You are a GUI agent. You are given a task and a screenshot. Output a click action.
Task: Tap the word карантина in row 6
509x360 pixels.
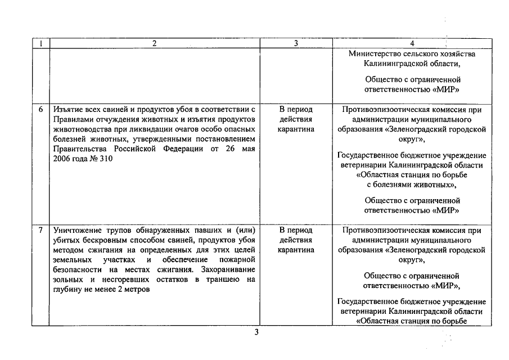tap(296, 129)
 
